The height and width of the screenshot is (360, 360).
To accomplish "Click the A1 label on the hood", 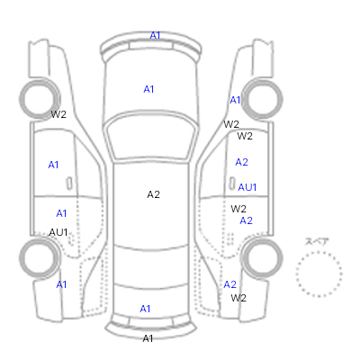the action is pos(148,89).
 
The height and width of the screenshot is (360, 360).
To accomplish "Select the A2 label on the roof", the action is pos(153,194).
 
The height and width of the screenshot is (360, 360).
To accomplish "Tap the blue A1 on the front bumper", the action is pos(155,35).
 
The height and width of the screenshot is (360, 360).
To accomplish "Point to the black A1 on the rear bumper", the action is pos(148,338).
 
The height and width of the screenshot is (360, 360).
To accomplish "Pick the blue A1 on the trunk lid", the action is pos(145,309).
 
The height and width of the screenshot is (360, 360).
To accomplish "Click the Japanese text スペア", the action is pos(317,241).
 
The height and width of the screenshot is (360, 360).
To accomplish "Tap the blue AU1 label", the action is pos(247,187).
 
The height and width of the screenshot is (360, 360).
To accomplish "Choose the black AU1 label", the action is pos(58,232).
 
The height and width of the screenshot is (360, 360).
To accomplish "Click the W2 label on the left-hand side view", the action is pos(58,114).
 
